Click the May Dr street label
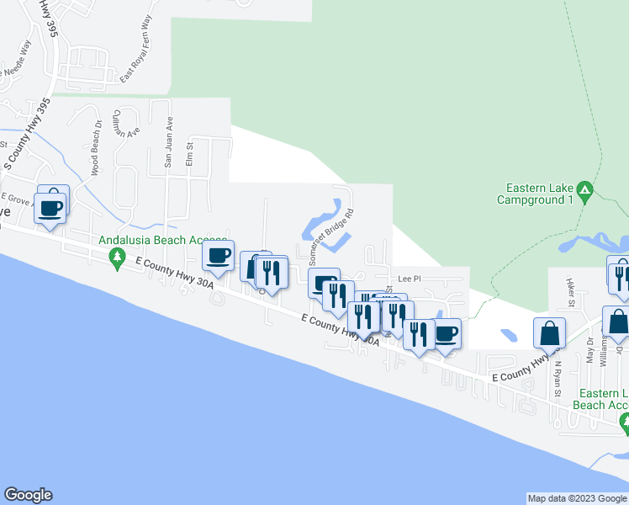point(589,349)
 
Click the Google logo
point(28,495)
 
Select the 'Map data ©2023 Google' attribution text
point(577,498)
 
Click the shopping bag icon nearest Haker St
point(550,333)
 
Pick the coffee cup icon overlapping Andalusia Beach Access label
point(219,256)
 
